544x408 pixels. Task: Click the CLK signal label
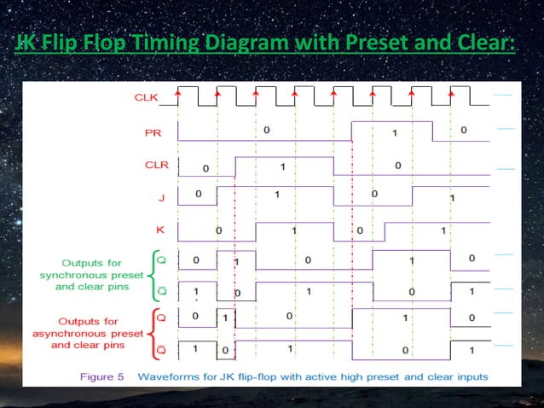tap(146, 97)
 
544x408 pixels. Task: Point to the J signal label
tap(159, 197)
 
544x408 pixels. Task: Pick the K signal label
tap(159, 230)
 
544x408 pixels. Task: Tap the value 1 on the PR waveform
tap(394, 132)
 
